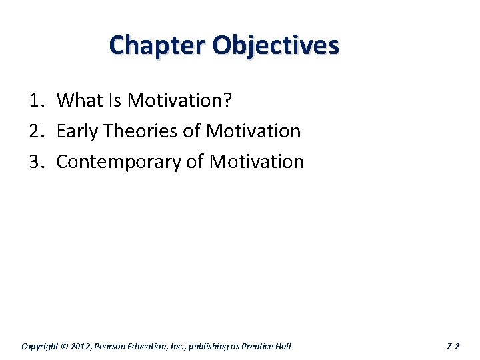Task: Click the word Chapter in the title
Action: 157,45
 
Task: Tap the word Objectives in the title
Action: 276,45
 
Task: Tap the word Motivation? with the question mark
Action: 180,101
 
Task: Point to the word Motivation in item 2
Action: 253,131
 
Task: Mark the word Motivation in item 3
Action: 257,162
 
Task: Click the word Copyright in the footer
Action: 41,346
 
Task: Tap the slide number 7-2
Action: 453,346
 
